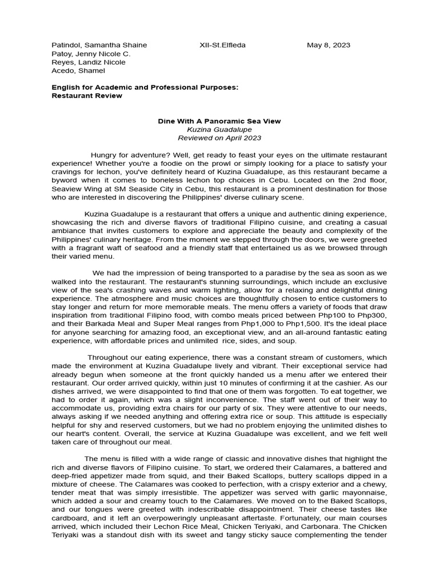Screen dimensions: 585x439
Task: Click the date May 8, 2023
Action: (328, 45)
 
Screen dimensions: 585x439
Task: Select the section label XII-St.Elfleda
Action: (222, 45)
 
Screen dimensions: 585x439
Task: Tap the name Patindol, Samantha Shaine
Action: (99, 45)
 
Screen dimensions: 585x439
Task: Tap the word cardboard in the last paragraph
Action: (70, 518)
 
